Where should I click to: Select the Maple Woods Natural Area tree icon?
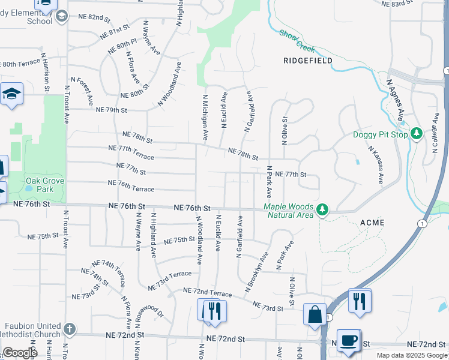pos(323,209)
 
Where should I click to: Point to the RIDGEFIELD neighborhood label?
pos(308,61)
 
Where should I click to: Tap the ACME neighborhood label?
pos(372,223)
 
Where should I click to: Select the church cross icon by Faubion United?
pos(70,328)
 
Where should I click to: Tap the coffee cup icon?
pos(348,340)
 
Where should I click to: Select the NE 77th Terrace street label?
pos(131,152)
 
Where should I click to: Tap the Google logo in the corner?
pos(20,353)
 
